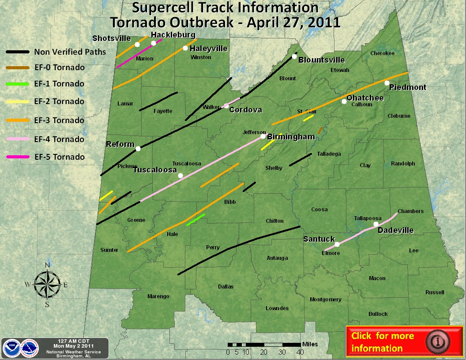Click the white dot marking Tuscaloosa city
click(180, 176)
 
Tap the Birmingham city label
click(291, 137)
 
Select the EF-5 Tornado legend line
click(18, 157)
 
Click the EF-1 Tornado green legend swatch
click(18, 84)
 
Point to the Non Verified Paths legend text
click(70, 52)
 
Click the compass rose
click(47, 285)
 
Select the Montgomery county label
click(326, 300)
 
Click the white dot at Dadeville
click(376, 224)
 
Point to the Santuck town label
click(319, 239)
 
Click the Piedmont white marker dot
click(387, 83)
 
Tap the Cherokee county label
click(382, 53)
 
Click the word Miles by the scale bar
click(310, 344)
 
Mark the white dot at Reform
click(138, 149)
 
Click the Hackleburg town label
click(173, 35)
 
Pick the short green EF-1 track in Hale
click(196, 219)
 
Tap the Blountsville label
click(322, 60)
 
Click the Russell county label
click(435, 292)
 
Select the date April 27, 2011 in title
click(293, 22)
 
